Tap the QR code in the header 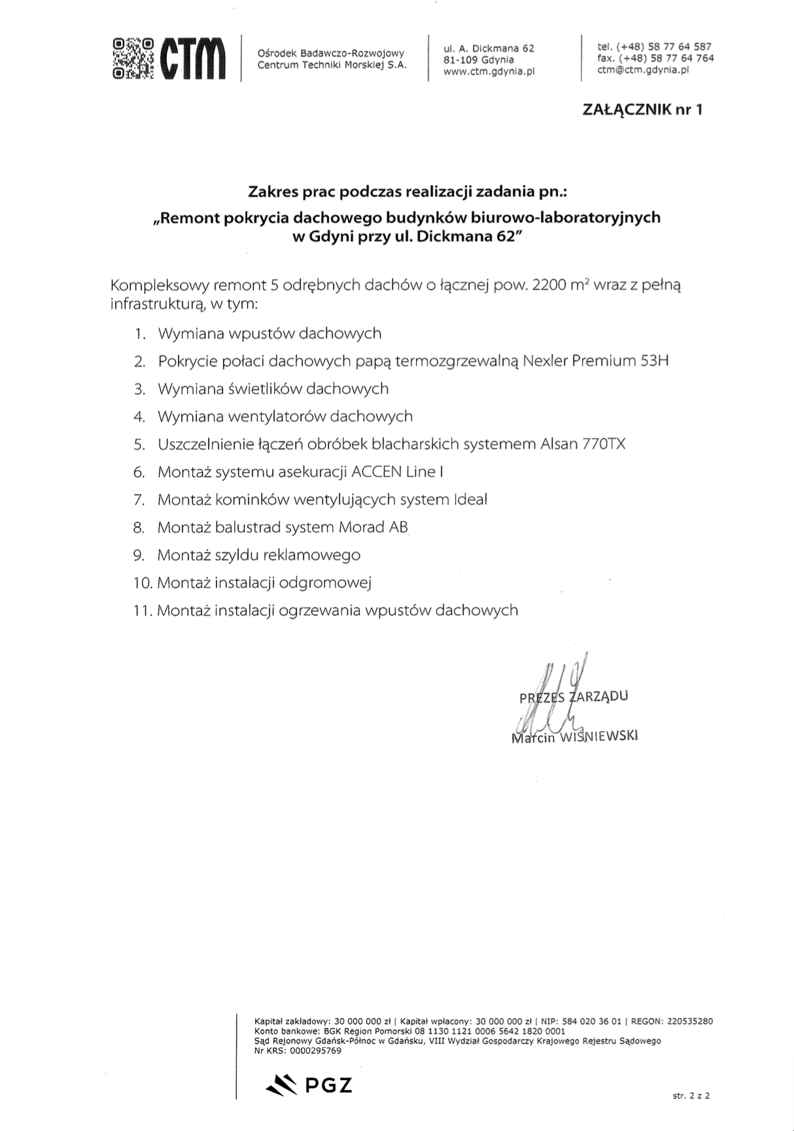(x=133, y=58)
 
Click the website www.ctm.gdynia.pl (x=489, y=71)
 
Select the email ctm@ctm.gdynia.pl (x=643, y=70)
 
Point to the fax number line (x=655, y=58)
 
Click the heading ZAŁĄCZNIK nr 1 (x=642, y=109)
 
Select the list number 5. (x=139, y=445)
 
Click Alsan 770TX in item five (x=583, y=444)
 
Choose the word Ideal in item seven (x=470, y=499)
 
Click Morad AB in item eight (x=373, y=527)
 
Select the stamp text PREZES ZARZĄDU (x=574, y=696)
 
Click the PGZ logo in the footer (x=309, y=1085)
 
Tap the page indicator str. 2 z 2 (x=691, y=1096)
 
